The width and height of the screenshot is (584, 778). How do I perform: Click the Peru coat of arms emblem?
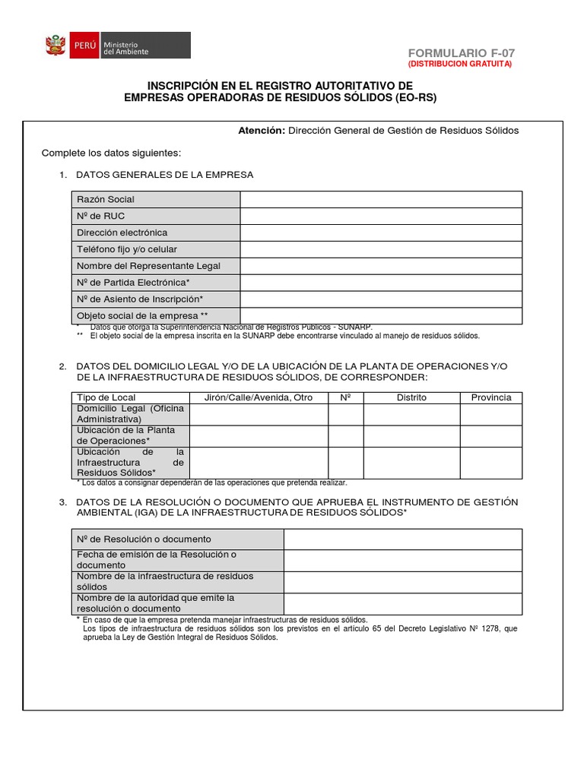point(55,46)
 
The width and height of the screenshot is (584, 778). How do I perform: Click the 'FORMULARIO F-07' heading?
point(461,53)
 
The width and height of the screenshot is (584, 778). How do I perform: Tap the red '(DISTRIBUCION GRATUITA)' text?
point(461,65)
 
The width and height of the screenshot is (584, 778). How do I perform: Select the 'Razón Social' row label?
point(106,199)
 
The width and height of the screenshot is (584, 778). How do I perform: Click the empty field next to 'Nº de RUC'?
point(381,216)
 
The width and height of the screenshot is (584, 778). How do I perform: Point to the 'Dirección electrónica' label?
point(122,232)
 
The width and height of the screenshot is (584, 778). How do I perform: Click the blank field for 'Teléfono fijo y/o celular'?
point(381,249)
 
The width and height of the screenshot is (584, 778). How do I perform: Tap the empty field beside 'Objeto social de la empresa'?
point(381,315)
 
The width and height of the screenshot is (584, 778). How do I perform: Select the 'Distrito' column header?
point(411,397)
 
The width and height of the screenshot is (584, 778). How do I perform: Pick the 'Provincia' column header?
point(490,397)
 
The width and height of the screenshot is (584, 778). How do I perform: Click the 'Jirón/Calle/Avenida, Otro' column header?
point(259,397)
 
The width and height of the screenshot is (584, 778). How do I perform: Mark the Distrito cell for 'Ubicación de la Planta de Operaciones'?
point(411,436)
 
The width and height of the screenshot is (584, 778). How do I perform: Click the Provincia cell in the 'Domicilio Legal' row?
point(490,414)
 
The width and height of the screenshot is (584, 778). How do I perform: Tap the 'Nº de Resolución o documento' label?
point(144,539)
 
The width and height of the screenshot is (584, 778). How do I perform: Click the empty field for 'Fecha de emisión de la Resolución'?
point(402,561)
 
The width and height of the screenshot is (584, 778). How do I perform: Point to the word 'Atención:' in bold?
point(261,131)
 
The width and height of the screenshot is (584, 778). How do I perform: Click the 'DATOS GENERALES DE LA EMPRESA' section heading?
point(165,175)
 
